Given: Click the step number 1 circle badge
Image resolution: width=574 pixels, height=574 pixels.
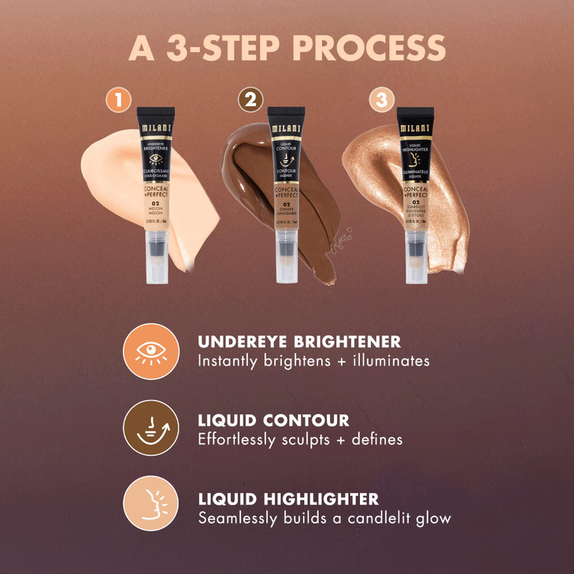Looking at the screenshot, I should click(119, 100).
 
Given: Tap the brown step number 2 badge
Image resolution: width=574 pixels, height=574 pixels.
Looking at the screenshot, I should click(251, 100).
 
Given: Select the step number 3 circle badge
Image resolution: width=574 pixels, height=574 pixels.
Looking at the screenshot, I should click(381, 100).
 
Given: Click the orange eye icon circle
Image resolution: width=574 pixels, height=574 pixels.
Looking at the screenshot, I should click(150, 351).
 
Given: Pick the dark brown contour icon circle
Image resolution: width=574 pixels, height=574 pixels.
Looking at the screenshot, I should click(150, 428).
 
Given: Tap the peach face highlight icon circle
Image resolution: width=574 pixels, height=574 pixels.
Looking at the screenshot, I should click(150, 503).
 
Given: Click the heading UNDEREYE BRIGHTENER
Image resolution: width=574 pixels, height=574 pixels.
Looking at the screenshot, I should click(299, 343).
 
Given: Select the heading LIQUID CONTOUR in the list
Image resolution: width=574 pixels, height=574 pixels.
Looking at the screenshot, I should click(273, 420).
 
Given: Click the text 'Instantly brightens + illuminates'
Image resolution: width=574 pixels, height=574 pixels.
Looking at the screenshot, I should click(313, 361).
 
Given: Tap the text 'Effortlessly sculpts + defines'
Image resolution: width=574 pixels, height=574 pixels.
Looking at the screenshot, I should click(300, 439).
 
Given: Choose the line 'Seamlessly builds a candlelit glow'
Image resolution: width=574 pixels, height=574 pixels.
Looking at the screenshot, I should click(324, 518).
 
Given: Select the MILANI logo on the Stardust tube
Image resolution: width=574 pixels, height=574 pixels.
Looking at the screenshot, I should click(415, 128).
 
